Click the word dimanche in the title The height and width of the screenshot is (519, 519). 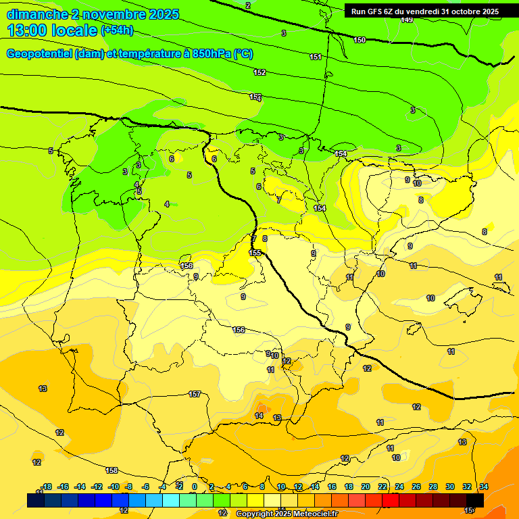pyautogui.click(x=36, y=14)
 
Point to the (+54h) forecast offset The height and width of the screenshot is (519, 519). pyautogui.click(x=117, y=30)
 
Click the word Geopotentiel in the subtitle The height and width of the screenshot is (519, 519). pyautogui.click(x=39, y=54)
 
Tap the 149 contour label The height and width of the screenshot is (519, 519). pyautogui.click(x=407, y=20)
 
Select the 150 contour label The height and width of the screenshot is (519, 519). pyautogui.click(x=360, y=40)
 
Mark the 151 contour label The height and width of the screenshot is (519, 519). pyautogui.click(x=316, y=57)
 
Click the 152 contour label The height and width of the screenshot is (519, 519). pyautogui.click(x=259, y=72)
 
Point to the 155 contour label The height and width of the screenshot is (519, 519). pyautogui.click(x=255, y=253)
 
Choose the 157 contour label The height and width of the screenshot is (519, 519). pyautogui.click(x=195, y=394)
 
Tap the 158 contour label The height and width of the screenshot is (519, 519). pyautogui.click(x=112, y=470)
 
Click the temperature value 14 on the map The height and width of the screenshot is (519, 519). pyautogui.click(x=259, y=416)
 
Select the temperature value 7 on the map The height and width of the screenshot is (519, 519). pyautogui.click(x=278, y=200)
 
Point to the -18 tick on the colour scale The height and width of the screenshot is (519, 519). pyautogui.click(x=47, y=487)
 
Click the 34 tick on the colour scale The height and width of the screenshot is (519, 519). pyautogui.click(x=484, y=487)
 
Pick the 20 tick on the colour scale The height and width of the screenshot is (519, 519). pyautogui.click(x=366, y=487)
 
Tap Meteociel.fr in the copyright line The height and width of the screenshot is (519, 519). pyautogui.click(x=316, y=514)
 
